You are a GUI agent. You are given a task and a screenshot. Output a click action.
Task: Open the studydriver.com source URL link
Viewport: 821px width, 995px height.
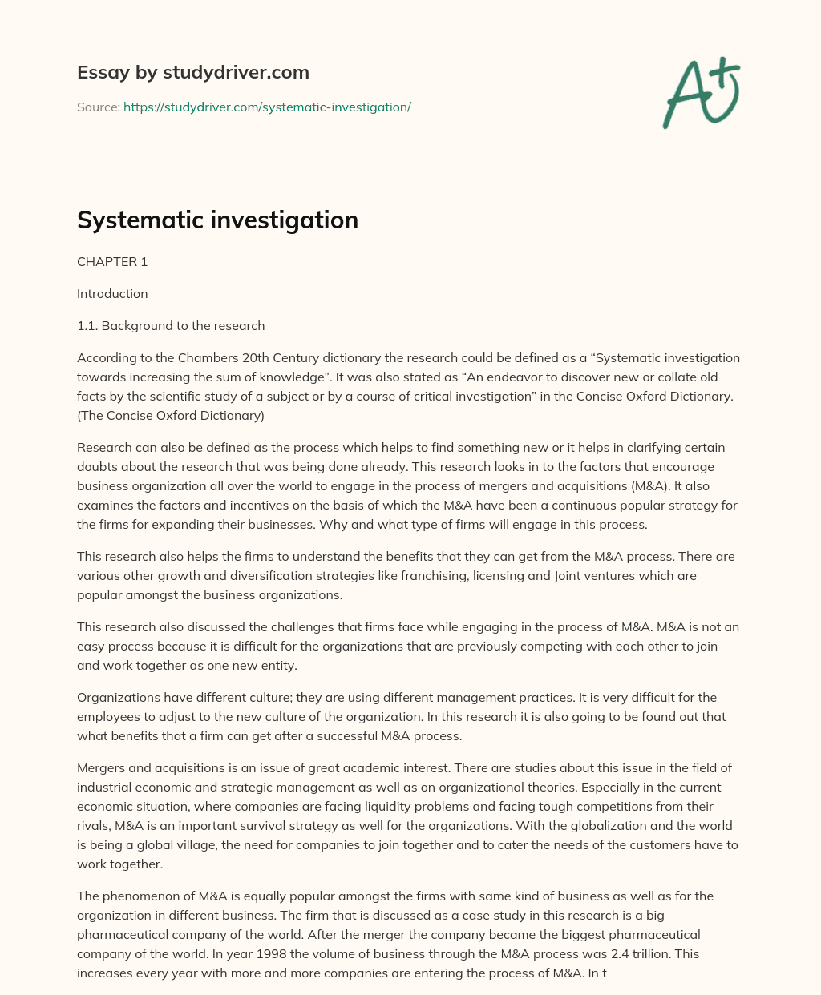pyautogui.click(x=267, y=107)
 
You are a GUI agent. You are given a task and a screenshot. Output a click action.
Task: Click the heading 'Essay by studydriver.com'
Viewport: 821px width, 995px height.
pyautogui.click(x=192, y=72)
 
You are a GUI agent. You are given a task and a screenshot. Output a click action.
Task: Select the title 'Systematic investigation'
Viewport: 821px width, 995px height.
pyautogui.click(x=217, y=220)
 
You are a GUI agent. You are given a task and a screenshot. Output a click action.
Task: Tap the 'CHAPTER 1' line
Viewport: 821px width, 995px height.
pyautogui.click(x=112, y=262)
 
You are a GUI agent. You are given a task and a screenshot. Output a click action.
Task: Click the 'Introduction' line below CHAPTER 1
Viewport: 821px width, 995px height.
pyautogui.click(x=112, y=294)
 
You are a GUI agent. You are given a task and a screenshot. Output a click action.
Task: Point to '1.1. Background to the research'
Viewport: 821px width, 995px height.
pyautogui.click(x=171, y=326)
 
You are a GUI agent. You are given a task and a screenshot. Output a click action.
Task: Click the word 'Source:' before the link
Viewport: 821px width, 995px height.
pyautogui.click(x=98, y=107)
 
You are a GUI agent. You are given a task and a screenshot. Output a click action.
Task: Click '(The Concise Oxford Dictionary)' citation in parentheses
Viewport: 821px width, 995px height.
pyautogui.click(x=170, y=415)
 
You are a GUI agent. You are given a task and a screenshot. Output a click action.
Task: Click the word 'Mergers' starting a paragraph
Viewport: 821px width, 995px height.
pyautogui.click(x=101, y=767)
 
